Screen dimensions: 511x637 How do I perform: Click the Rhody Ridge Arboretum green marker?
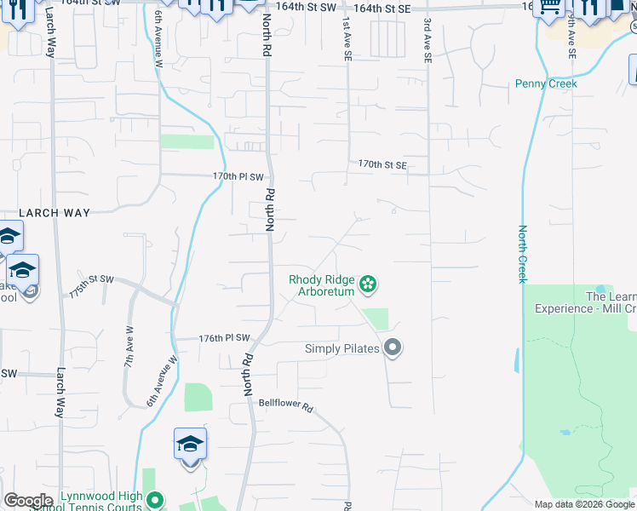click(x=368, y=284)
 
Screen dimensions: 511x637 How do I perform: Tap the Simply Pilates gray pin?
click(x=393, y=347)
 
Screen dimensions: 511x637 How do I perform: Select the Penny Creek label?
click(x=546, y=83)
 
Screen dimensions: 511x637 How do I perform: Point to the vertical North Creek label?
click(x=523, y=254)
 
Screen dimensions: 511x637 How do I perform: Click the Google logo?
click(x=28, y=501)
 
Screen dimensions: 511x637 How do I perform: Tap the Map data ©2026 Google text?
click(x=584, y=504)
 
